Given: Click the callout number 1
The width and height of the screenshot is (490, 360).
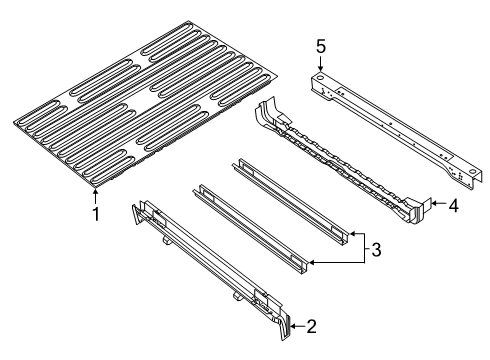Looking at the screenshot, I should click(96, 213).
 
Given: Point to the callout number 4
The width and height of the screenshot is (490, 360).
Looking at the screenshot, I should click(453, 206).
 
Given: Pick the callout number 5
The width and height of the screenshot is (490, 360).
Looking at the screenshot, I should click(320, 46).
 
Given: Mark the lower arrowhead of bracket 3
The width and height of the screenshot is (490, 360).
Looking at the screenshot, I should click(312, 263).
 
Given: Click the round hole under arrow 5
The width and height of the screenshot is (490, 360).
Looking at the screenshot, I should click(320, 75).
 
